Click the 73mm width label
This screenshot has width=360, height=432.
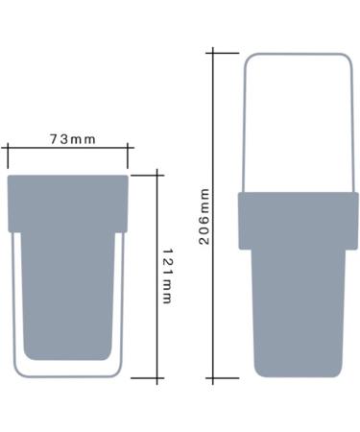(x=72, y=139)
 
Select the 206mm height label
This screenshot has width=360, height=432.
(x=204, y=216)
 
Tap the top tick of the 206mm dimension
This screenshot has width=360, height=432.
(x=224, y=53)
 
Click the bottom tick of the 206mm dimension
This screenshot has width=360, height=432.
(x=224, y=379)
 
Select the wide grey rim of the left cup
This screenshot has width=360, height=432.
(x=68, y=204)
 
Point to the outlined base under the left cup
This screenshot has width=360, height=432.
(x=68, y=370)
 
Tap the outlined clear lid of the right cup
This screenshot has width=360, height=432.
(x=298, y=125)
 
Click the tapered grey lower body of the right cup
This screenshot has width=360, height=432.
(x=298, y=307)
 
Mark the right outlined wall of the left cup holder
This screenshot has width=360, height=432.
(x=121, y=307)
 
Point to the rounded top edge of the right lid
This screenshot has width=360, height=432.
(x=298, y=54)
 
